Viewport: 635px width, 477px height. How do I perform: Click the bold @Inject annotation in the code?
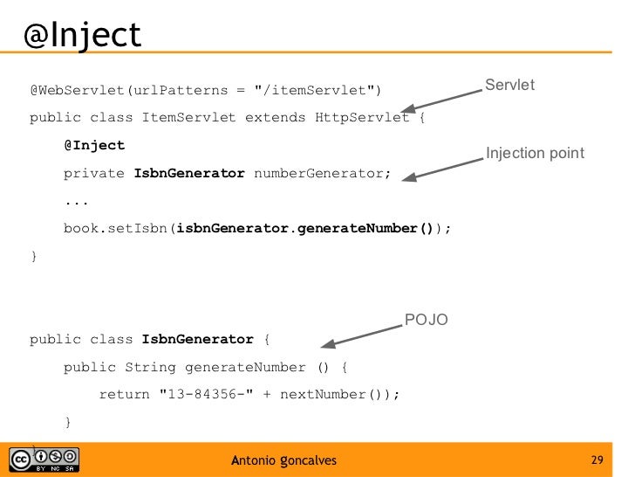tap(94, 145)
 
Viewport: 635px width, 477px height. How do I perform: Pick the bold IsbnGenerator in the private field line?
tap(189, 173)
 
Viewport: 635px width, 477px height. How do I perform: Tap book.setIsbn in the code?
tap(115, 229)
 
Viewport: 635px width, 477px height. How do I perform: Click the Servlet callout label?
tap(509, 85)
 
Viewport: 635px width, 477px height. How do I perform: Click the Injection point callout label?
tap(535, 154)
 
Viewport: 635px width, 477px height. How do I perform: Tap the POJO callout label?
tap(427, 321)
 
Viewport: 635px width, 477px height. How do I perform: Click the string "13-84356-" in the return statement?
tap(205, 395)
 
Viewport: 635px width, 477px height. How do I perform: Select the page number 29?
tap(597, 460)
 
